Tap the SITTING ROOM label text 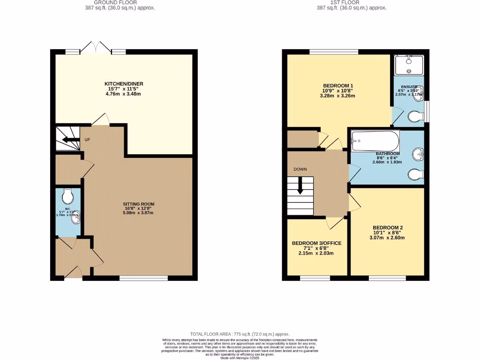click(x=139, y=204)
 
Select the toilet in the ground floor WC click(x=68, y=194)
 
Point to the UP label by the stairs click(x=87, y=140)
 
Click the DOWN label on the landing click(x=300, y=169)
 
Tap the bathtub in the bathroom click(x=375, y=140)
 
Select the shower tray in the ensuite click(x=409, y=65)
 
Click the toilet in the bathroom click(x=415, y=174)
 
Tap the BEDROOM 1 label click(x=337, y=85)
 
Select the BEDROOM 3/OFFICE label click(x=317, y=243)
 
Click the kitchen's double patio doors click(x=96, y=48)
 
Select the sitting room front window click(x=143, y=278)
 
